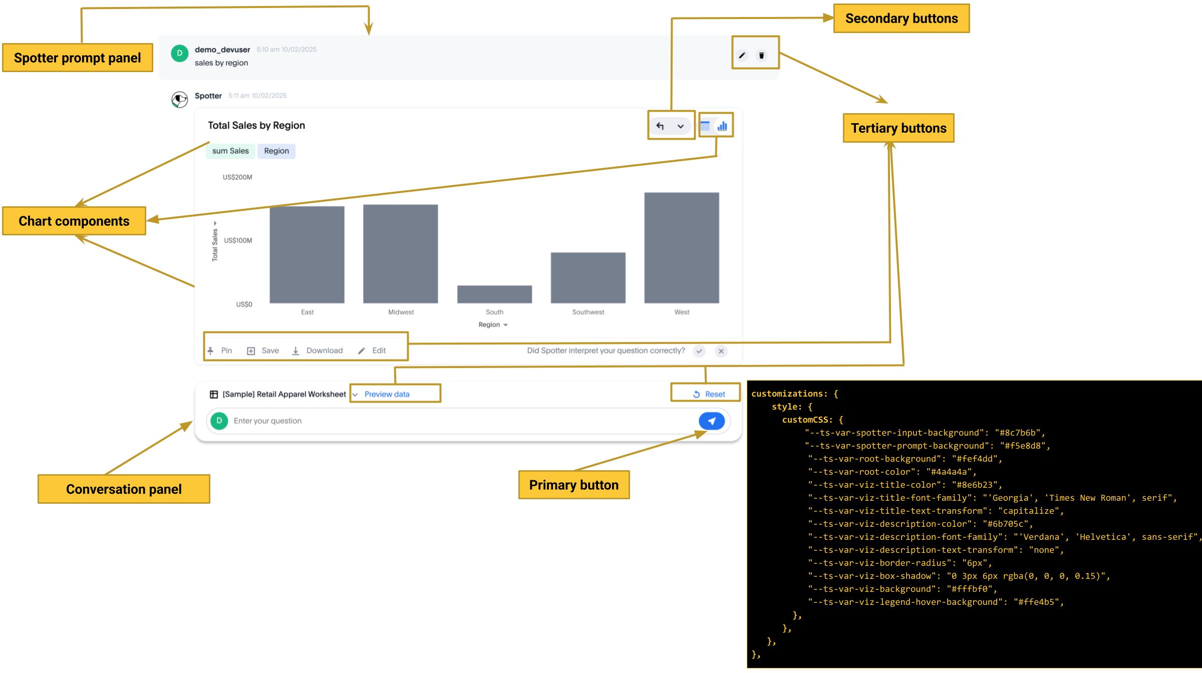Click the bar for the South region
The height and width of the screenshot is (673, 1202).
tap(494, 294)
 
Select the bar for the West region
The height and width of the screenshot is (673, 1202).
tap(681, 248)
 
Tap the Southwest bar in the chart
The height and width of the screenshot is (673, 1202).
tap(588, 277)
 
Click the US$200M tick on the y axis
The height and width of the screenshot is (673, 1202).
tap(237, 177)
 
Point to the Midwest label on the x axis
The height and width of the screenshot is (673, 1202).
tap(401, 312)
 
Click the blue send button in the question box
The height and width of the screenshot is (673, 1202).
tap(712, 421)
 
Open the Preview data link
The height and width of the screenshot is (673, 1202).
tap(387, 394)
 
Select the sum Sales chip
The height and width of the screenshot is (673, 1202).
tap(230, 151)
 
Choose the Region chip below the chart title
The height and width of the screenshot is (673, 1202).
tap(276, 151)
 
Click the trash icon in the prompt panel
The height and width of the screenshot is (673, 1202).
tap(761, 56)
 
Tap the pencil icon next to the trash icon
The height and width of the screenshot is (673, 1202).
tap(742, 56)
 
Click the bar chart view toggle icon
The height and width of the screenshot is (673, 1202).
tap(722, 126)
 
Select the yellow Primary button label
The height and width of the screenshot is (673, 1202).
tap(574, 485)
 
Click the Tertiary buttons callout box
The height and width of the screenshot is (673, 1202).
tap(898, 128)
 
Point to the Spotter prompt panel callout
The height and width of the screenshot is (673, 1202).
tap(78, 58)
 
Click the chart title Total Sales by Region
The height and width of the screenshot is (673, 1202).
tap(256, 125)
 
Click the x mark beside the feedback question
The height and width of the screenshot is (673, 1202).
tap(721, 351)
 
